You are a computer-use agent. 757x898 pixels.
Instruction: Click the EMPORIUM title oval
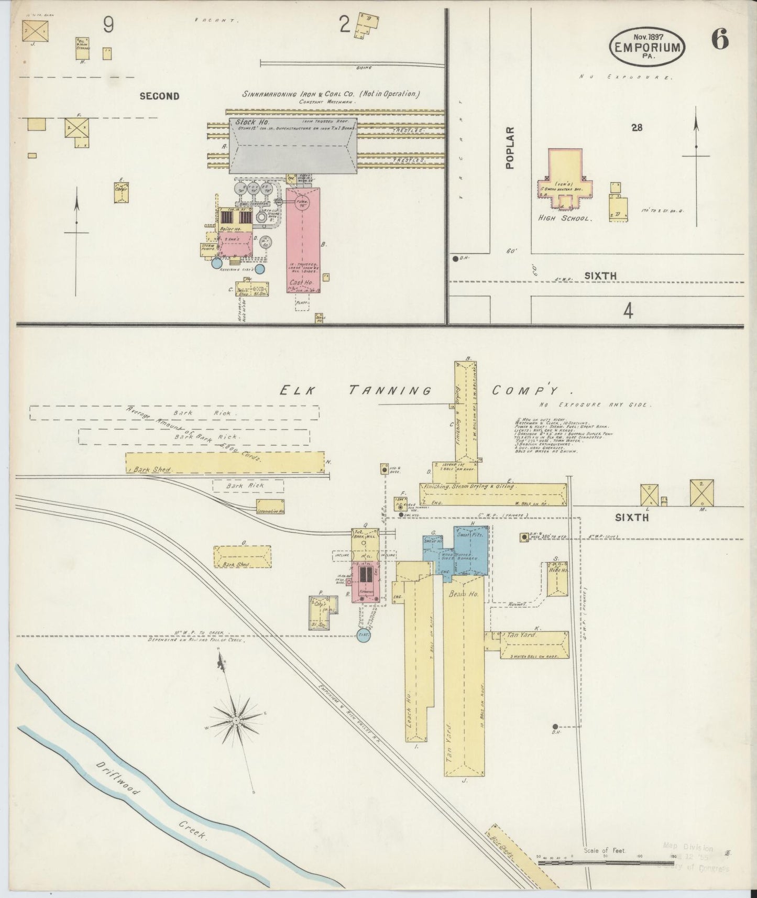tap(647, 47)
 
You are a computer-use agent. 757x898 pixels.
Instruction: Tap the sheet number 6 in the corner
tap(720, 40)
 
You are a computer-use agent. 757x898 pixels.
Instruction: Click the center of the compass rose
tap(236, 720)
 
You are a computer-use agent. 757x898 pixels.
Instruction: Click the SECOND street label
tap(159, 96)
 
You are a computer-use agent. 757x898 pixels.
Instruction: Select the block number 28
tap(637, 127)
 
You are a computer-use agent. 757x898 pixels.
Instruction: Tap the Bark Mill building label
tap(359, 536)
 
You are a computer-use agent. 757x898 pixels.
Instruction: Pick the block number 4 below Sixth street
tap(628, 312)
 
